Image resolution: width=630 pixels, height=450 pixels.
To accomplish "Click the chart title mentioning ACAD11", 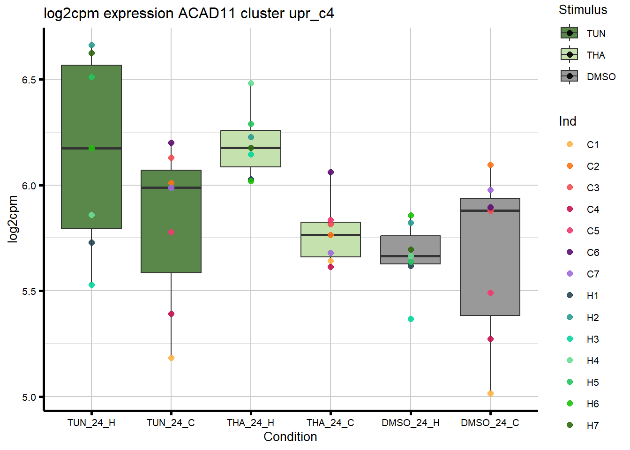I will click(188, 14).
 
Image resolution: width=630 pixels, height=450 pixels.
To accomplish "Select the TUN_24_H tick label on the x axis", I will click(91, 423).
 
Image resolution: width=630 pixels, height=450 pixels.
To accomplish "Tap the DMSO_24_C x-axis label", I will click(490, 423).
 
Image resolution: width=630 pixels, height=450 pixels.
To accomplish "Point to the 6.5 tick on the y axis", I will click(29, 80).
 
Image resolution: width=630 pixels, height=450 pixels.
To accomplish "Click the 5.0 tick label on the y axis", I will click(29, 397).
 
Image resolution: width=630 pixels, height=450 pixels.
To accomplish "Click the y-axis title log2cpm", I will click(13, 219).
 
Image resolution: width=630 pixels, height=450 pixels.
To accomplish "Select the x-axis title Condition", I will click(290, 437).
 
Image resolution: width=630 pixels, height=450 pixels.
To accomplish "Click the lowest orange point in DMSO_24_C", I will click(490, 394).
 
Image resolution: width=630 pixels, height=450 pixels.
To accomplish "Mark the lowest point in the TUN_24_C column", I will click(171, 358).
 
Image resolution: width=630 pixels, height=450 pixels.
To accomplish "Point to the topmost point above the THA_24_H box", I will click(251, 83).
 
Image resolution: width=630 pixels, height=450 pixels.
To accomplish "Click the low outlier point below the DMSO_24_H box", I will click(411, 319).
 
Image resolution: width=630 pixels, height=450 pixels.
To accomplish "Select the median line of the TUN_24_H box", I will click(91, 148).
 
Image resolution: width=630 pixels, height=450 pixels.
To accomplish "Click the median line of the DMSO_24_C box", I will click(490, 211).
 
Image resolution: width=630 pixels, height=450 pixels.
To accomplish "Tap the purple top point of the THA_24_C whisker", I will click(330, 172).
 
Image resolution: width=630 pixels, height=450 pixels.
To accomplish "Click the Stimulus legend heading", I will click(583, 10).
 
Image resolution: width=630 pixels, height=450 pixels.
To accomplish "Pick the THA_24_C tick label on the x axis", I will click(330, 423).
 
